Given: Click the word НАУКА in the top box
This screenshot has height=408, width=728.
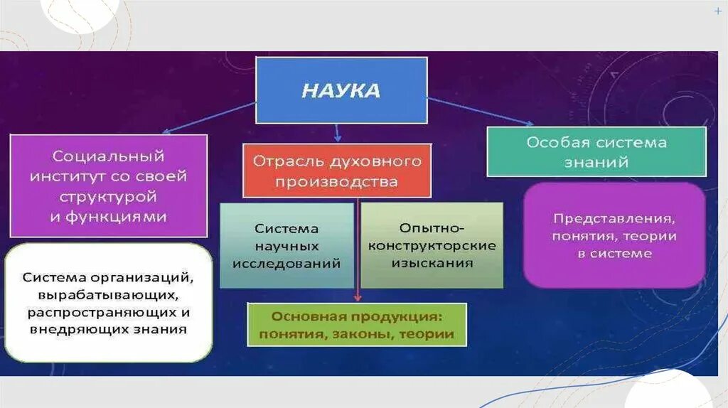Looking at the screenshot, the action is click(341, 91).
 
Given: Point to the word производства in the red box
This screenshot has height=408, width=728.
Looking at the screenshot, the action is click(337, 182).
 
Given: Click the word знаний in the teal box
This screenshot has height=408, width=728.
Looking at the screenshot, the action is click(596, 162).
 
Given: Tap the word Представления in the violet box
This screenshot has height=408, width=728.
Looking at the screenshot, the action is click(614, 218).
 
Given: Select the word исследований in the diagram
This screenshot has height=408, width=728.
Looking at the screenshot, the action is click(287, 263).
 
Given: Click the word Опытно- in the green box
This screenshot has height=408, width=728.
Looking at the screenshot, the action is click(432, 228).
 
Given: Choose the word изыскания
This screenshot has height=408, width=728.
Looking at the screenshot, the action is click(432, 263).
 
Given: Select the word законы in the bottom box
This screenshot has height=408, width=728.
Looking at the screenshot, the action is click(358, 334).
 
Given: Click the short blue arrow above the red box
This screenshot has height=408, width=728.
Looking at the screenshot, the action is click(337, 133).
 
